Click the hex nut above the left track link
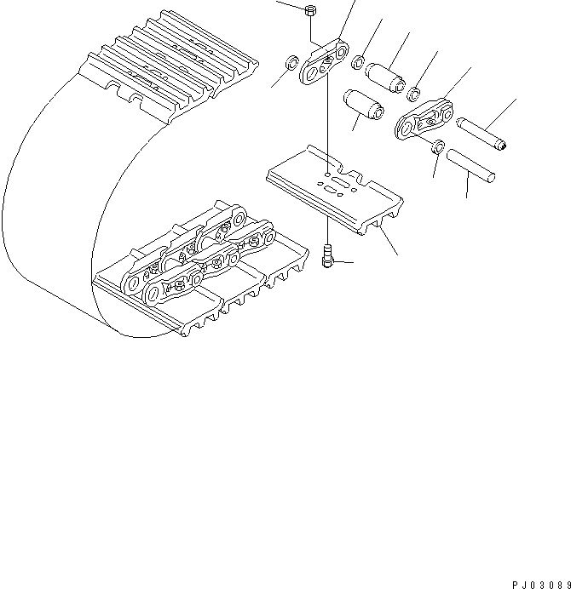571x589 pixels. tap(309, 11)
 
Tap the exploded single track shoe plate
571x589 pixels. tap(332, 192)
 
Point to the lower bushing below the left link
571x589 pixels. tap(362, 108)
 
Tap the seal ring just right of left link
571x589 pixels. tap(360, 61)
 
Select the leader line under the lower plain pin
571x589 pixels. tap(467, 188)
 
